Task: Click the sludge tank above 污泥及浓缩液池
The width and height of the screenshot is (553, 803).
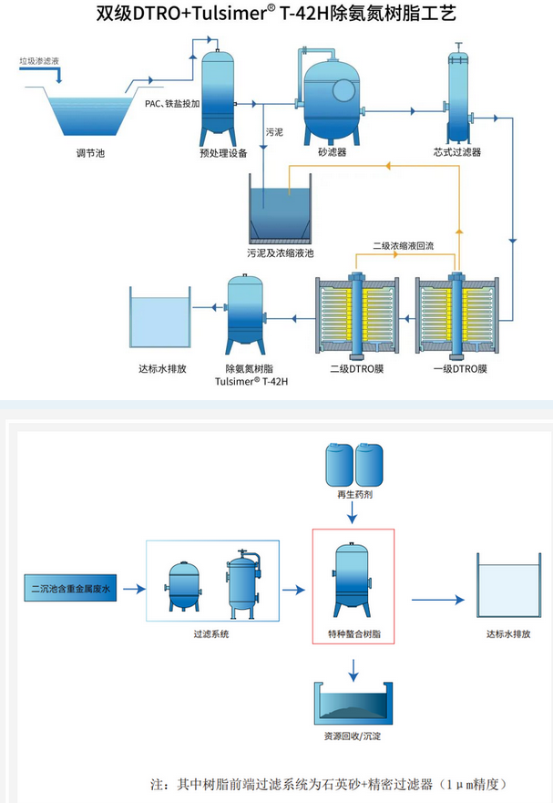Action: tap(287, 212)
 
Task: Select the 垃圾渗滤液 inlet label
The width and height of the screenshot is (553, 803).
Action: tap(39, 62)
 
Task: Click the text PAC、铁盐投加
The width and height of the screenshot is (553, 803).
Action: tap(172, 103)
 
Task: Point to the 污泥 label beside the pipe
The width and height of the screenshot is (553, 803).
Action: tap(273, 134)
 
